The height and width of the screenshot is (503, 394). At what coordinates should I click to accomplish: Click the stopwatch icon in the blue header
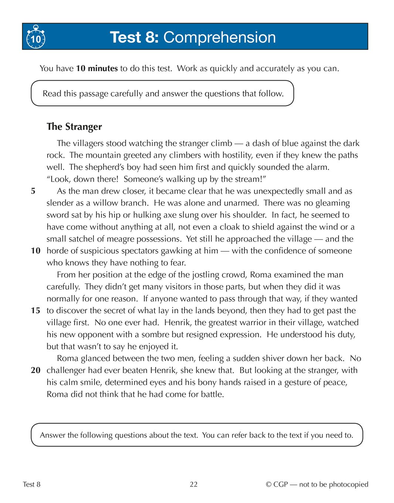click(x=35, y=37)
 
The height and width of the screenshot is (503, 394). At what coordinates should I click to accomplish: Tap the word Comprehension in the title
click(x=220, y=37)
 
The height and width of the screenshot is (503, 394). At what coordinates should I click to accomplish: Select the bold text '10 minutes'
click(x=97, y=68)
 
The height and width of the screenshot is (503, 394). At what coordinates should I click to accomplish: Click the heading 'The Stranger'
click(x=74, y=127)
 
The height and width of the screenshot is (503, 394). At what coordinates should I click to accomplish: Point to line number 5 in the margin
click(x=33, y=191)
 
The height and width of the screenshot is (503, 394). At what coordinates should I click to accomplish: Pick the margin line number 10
click(x=35, y=251)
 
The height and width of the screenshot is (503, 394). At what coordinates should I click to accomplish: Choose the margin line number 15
click(x=35, y=311)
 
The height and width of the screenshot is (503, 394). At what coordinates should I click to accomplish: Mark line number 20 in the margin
click(x=35, y=370)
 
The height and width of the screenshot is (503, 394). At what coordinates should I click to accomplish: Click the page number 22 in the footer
click(x=194, y=485)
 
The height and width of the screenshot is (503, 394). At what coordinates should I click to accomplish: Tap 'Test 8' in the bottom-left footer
click(x=32, y=485)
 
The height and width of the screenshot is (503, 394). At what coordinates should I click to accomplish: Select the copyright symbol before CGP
click(x=269, y=485)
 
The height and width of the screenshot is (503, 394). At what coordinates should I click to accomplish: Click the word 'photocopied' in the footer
click(x=349, y=485)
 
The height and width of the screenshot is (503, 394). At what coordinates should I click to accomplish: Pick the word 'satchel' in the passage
click(x=77, y=239)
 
